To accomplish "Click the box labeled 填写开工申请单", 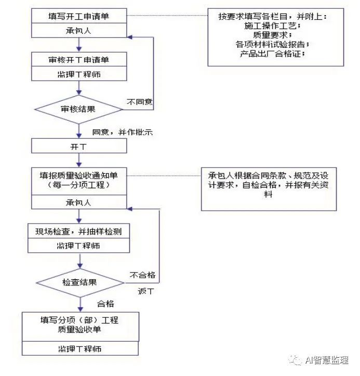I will [79, 16].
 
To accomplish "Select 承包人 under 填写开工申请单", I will [79, 31].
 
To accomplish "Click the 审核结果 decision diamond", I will [79, 109].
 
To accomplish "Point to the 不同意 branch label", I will [140, 102].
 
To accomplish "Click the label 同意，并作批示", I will [122, 132].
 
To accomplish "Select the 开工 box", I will [79, 146].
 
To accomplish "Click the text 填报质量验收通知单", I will [79, 175].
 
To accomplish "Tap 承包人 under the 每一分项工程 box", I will [79, 202].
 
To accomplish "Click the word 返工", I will [144, 291].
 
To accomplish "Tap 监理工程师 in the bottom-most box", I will [80, 348].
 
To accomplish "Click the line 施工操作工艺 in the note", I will [275, 25].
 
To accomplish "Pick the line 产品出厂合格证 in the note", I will [275, 54].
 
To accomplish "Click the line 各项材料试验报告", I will [275, 44].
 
